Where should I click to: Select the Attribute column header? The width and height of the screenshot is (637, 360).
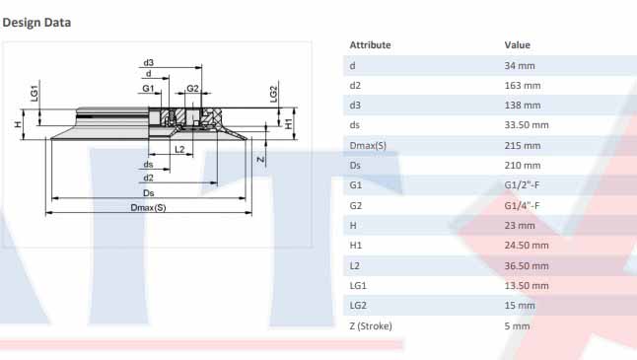370,45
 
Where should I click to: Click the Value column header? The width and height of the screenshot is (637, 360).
517,45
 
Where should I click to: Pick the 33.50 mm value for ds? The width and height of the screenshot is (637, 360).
527,125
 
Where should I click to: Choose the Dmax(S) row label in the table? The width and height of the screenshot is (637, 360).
368,146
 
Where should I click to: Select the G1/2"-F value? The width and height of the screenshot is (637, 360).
522,185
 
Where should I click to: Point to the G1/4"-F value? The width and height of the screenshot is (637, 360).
522,205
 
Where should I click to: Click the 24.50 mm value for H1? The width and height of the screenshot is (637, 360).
527,246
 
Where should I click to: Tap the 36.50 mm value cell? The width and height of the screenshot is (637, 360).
527,265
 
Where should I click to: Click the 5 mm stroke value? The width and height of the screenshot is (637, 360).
517,325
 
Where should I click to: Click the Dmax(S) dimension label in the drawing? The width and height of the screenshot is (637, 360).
148,207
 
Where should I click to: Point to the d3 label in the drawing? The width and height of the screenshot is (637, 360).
148,62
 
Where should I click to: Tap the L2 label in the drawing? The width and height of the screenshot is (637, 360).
178,149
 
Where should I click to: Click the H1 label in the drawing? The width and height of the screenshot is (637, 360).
288,125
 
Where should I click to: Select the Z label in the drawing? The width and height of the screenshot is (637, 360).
259,158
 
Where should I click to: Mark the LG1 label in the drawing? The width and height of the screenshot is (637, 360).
34,93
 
